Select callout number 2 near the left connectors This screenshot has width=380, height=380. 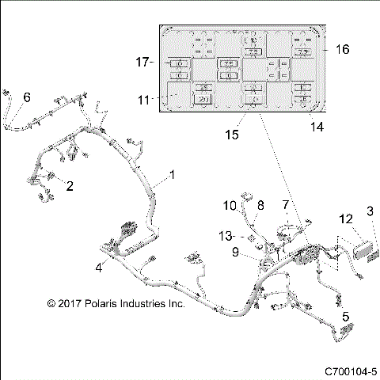point(70,187)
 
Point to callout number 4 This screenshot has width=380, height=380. point(99,267)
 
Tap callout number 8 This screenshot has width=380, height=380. point(260,206)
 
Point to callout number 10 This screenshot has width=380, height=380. point(229,206)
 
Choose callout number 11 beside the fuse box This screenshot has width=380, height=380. point(143,100)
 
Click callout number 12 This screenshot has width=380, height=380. point(346,218)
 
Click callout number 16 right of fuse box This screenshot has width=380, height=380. point(342,49)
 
